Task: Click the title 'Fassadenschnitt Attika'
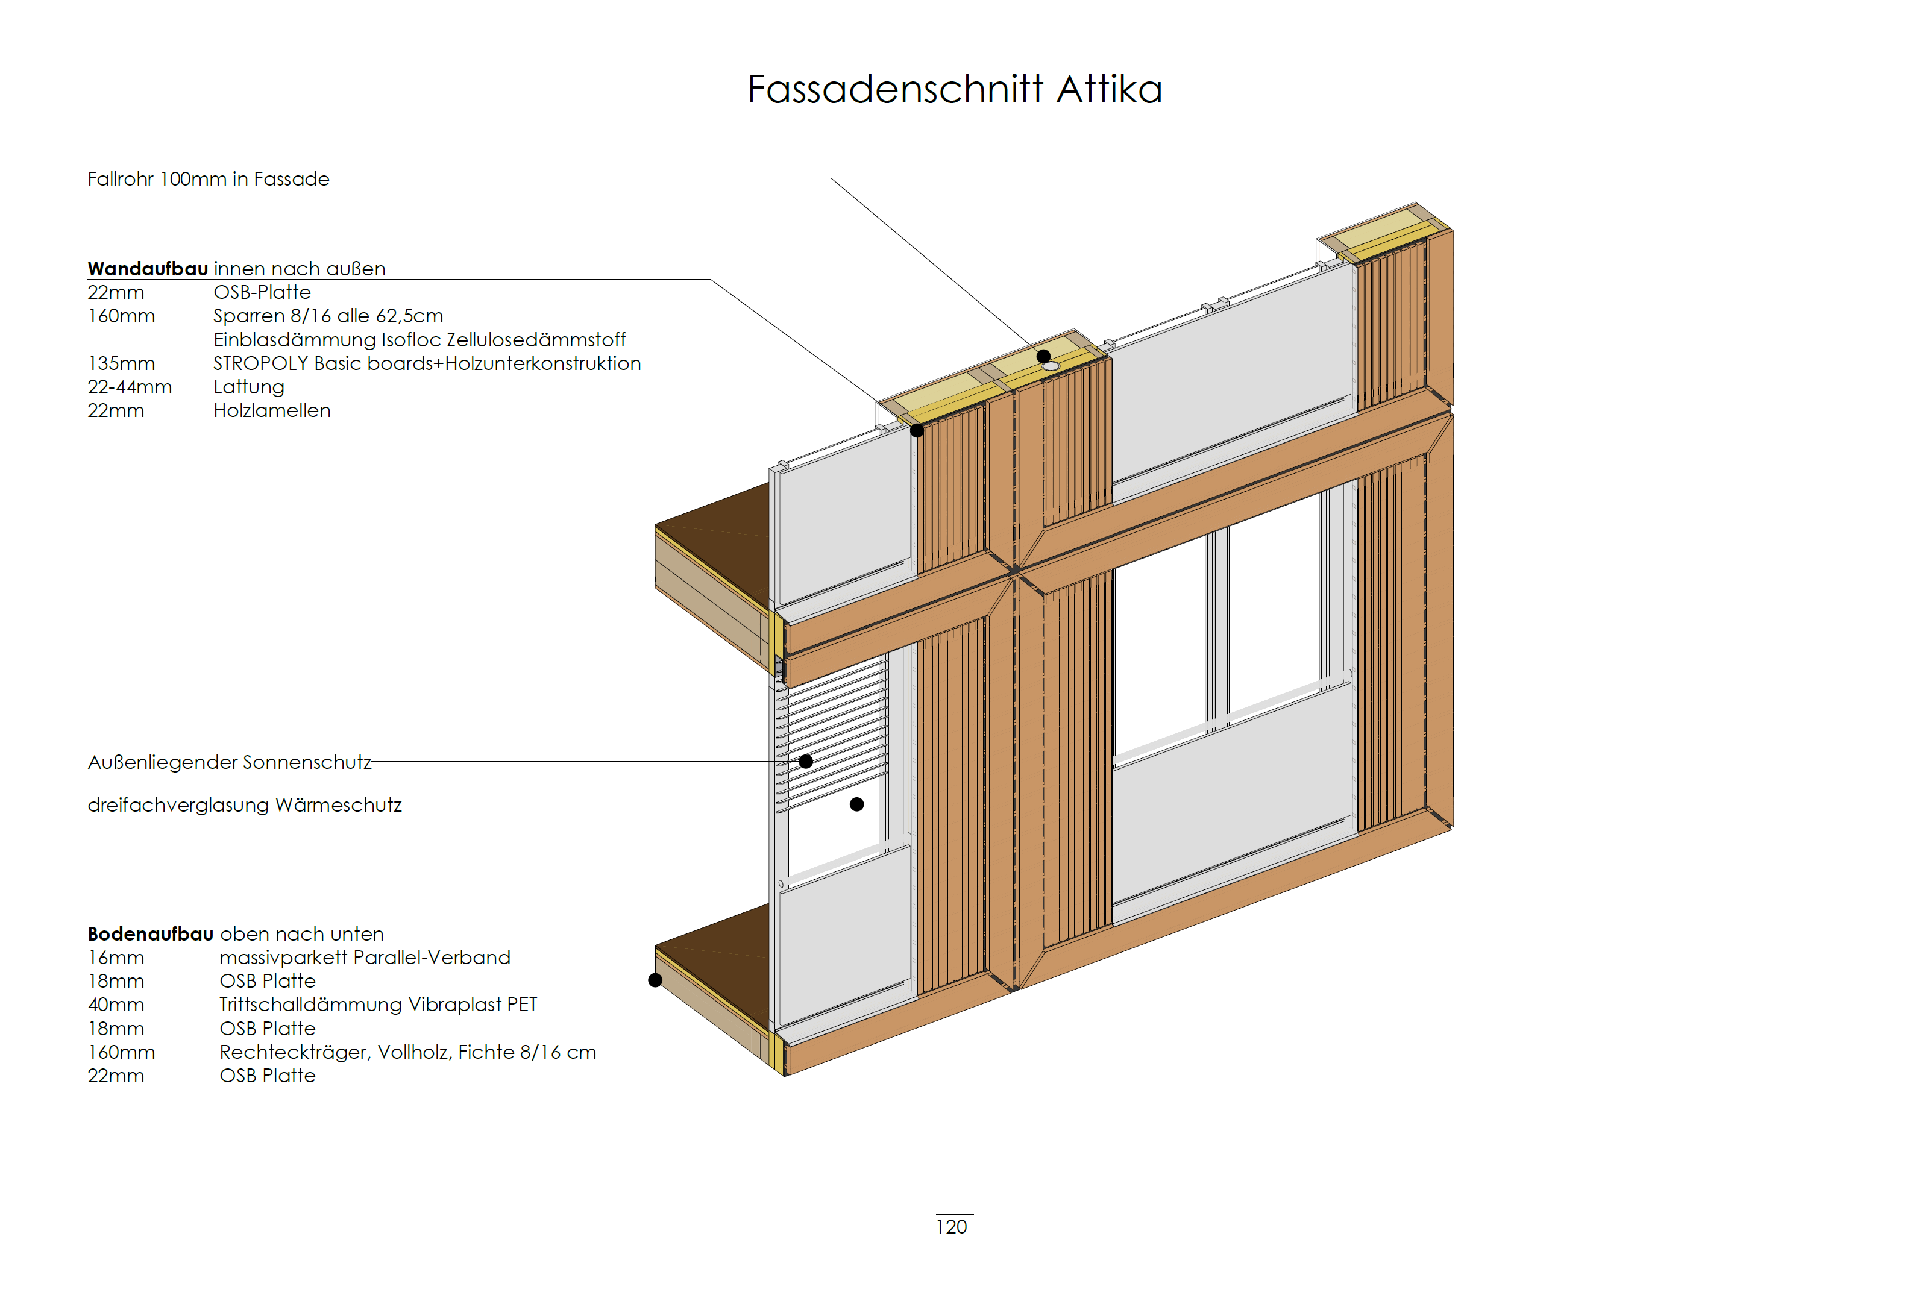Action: [x=954, y=90]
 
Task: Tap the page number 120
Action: [x=951, y=1226]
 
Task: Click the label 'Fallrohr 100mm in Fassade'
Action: [x=208, y=179]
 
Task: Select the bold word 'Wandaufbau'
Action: [x=148, y=269]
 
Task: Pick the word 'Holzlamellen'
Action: [x=272, y=411]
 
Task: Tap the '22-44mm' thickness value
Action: [x=130, y=387]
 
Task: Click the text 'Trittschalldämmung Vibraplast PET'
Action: [x=378, y=1005]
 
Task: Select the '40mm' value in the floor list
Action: [x=116, y=1005]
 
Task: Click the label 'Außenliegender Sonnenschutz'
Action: [x=229, y=763]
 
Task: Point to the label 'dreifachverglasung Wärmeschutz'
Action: [x=244, y=806]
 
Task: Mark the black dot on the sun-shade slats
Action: [x=805, y=761]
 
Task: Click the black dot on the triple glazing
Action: [x=856, y=804]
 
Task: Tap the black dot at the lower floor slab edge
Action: [x=655, y=980]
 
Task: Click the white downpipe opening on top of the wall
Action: [x=1051, y=366]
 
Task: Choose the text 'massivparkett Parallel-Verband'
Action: [x=365, y=958]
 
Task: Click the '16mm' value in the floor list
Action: [x=116, y=958]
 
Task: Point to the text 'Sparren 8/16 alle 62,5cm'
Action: [x=328, y=316]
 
